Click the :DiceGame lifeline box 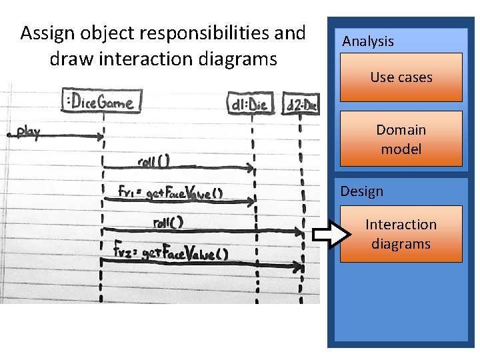pyautogui.click(x=101, y=102)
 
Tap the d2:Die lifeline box pyautogui.click(x=301, y=105)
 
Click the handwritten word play pyautogui.click(x=27, y=132)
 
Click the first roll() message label pyautogui.click(x=154, y=161)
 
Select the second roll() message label pyautogui.click(x=168, y=222)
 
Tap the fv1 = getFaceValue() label pyautogui.click(x=170, y=193)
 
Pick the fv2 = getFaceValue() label pyautogui.click(x=171, y=253)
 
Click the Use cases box pyautogui.click(x=401, y=77)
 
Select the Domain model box pyautogui.click(x=401, y=139)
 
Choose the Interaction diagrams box pyautogui.click(x=401, y=234)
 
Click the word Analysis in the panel pyautogui.click(x=368, y=41)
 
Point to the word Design pyautogui.click(x=362, y=191)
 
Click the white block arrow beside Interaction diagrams pyautogui.click(x=331, y=234)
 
